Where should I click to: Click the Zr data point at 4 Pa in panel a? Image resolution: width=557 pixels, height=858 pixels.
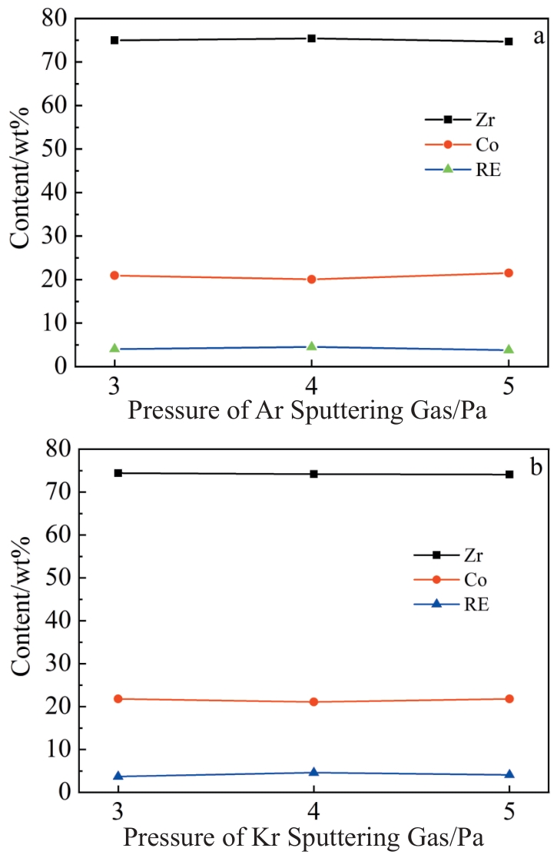coord(311,38)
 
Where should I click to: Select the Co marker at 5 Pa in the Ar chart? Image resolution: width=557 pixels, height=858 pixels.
coord(508,273)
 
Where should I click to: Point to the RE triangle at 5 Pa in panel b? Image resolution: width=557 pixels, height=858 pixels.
coord(509,774)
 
